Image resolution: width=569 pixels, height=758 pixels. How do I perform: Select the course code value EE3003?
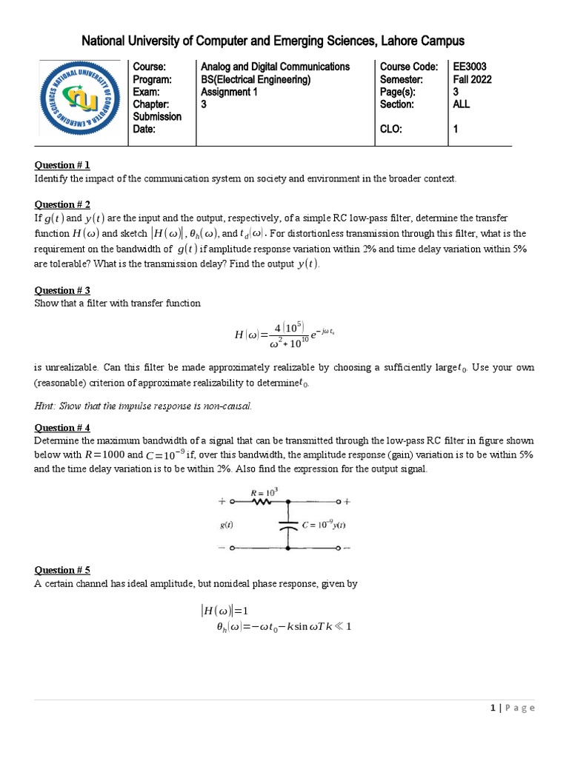click(470, 67)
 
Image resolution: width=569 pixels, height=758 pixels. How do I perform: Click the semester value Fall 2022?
click(472, 79)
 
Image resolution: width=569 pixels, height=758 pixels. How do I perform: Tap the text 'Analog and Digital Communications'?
click(275, 67)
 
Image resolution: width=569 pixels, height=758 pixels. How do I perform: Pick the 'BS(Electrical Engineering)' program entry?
click(256, 79)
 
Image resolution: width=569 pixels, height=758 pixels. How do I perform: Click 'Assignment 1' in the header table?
click(231, 92)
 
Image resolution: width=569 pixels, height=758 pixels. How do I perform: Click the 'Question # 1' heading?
click(62, 165)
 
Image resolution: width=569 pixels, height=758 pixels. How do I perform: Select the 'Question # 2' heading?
click(62, 204)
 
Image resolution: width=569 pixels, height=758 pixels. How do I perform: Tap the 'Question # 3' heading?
click(62, 290)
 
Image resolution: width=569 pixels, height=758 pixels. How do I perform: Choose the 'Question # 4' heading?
click(62, 427)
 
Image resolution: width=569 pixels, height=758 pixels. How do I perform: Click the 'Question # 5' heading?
click(62, 570)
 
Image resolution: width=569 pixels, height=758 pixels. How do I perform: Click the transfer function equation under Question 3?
click(284, 334)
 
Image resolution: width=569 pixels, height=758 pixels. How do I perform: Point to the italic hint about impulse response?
click(144, 406)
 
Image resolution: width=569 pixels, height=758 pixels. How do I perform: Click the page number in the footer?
click(493, 708)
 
